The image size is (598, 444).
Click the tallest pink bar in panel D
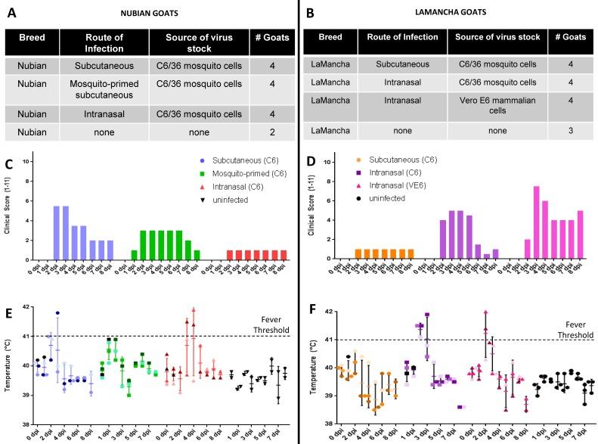pos(536,223)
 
